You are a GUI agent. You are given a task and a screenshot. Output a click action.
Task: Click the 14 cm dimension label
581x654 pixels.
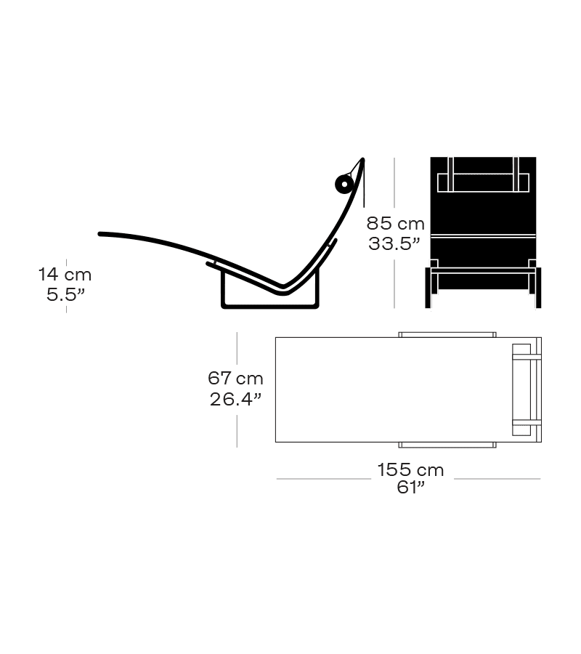click(65, 275)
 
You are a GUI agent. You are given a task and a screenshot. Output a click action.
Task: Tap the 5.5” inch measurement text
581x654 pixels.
click(65, 294)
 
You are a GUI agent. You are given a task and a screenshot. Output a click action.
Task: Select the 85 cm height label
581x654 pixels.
click(396, 224)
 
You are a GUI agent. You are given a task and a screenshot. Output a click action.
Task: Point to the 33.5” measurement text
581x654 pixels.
click(394, 243)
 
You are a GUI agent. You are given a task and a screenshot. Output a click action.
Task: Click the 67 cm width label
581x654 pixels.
click(235, 379)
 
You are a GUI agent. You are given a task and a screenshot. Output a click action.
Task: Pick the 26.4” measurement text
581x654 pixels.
click(235, 399)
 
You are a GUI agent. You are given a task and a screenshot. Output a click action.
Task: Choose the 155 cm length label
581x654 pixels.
click(410, 470)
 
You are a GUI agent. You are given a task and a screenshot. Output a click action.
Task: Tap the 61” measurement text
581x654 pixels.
click(410, 487)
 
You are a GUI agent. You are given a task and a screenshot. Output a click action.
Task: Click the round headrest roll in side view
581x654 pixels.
click(344, 184)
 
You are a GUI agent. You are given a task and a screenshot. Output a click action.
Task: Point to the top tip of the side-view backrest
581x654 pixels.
click(363, 159)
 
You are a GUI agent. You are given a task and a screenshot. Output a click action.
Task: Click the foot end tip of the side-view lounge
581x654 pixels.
click(99, 234)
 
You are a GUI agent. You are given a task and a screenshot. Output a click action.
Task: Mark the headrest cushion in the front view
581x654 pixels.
click(483, 182)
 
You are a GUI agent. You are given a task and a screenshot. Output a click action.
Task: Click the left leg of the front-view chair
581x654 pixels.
click(428, 288)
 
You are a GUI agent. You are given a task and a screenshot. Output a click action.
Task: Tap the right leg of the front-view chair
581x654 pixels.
click(538, 288)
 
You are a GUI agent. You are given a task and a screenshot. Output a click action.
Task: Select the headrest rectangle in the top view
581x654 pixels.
click(521, 390)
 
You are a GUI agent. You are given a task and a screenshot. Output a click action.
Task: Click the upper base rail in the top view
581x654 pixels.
click(447, 335)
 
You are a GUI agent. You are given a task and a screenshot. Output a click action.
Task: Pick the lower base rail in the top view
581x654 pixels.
click(447, 445)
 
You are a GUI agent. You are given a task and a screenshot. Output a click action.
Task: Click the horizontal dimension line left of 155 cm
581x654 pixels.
click(323, 479)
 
